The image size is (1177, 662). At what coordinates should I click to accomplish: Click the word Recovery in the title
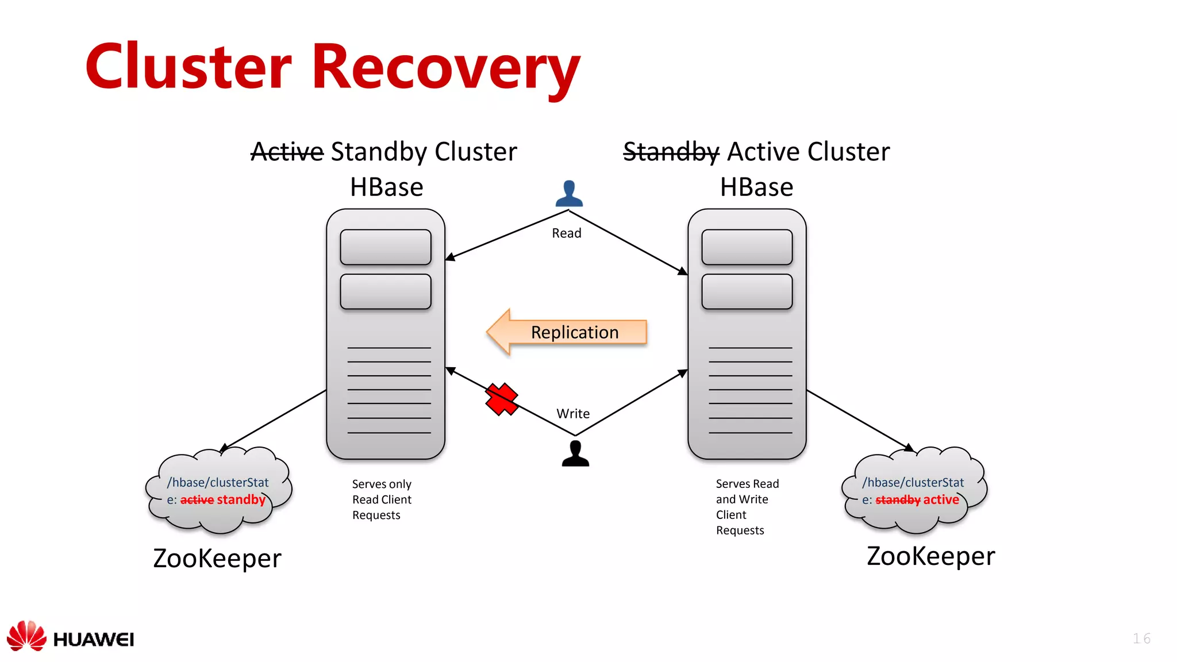coord(445,68)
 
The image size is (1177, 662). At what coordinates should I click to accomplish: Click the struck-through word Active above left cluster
coord(287,152)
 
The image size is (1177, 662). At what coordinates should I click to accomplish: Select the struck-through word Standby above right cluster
coord(671,152)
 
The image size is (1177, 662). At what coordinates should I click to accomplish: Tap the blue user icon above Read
coord(569,194)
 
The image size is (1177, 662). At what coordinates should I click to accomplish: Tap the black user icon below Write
coord(575,453)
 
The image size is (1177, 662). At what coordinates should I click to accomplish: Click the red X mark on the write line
coord(501,399)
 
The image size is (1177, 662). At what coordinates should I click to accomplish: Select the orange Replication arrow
coord(567,332)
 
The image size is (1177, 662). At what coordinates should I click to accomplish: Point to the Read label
coord(567,233)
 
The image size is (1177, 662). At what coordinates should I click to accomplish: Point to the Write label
coord(573,414)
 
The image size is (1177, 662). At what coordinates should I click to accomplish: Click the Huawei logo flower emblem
coord(26,636)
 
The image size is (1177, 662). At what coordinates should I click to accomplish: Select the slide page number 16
coord(1141,638)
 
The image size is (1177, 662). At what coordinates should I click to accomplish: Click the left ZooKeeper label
coord(217,559)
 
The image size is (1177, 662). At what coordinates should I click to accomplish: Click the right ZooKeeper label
coord(930,556)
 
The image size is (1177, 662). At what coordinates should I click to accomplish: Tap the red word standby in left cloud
coord(241,500)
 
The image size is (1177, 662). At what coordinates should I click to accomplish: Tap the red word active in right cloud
coord(941,500)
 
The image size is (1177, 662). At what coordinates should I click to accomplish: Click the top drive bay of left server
coord(386,247)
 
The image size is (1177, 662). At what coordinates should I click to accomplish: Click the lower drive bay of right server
coord(747,292)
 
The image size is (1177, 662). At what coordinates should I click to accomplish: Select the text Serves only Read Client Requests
coord(382,499)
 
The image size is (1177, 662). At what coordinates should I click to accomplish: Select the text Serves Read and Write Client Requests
coord(746,507)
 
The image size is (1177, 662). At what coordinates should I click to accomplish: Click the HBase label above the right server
coord(756,187)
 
